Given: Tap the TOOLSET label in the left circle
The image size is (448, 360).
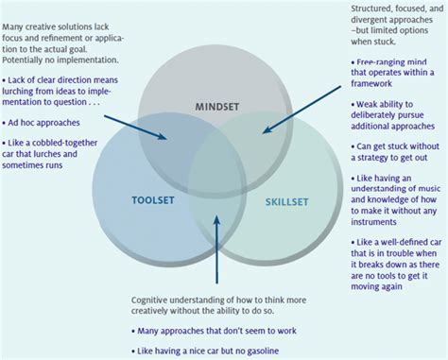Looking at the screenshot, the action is coord(151,199).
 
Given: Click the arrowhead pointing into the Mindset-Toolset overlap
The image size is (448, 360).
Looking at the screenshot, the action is coord(166,138).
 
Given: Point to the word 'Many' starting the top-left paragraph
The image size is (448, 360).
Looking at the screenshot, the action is coord(17,7).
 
